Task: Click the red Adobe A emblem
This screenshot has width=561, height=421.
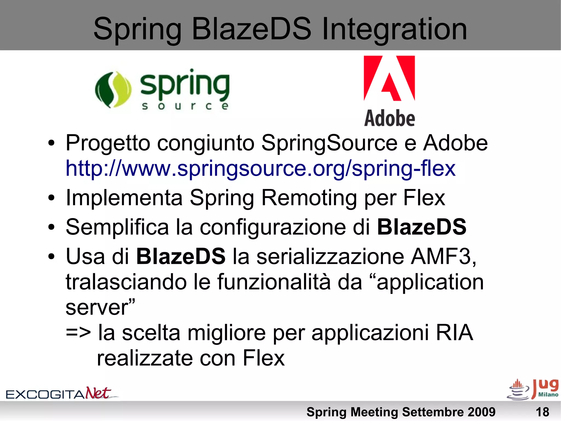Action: click(x=389, y=78)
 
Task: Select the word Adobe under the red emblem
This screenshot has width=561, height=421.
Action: click(x=389, y=118)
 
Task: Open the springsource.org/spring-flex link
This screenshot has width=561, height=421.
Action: click(x=260, y=168)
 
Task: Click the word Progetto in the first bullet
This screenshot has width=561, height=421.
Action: click(x=108, y=143)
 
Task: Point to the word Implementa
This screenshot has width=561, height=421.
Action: click(x=124, y=197)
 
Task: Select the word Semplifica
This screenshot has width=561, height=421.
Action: click(x=117, y=227)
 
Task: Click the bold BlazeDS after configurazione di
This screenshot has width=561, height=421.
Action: click(x=422, y=227)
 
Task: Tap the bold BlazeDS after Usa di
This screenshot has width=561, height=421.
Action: click(x=181, y=256)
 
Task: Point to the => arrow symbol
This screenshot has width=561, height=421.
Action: click(x=78, y=332)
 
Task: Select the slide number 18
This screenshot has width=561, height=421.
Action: click(x=542, y=412)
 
